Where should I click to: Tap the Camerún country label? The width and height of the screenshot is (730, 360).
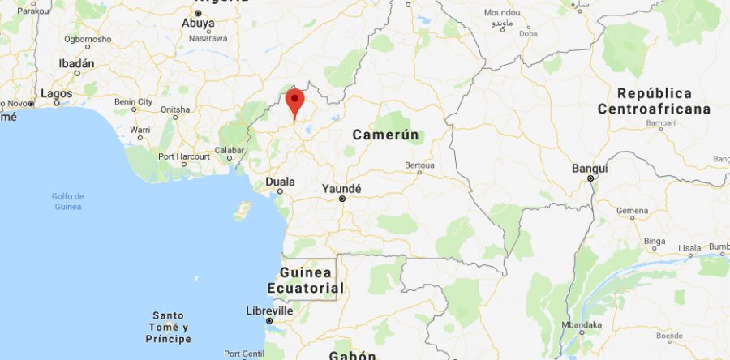click(388, 135)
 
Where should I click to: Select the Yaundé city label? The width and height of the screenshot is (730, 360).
click(341, 189)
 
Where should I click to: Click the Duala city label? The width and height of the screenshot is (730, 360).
click(279, 182)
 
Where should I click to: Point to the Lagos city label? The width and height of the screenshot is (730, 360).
click(56, 93)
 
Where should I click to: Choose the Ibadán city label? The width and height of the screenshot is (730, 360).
click(76, 63)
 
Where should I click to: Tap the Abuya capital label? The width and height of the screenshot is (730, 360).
click(198, 24)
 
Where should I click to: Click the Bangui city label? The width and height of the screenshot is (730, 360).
click(590, 169)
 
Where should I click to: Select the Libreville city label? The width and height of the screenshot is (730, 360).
click(269, 311)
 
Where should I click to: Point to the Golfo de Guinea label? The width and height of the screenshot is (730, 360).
click(67, 201)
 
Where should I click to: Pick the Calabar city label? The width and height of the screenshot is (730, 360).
click(230, 149)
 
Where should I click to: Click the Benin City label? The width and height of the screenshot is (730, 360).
click(134, 101)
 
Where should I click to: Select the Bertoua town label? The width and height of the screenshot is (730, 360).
click(419, 165)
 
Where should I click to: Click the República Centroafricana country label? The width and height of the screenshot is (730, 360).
click(655, 101)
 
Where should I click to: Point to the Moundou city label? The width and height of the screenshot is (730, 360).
click(502, 13)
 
